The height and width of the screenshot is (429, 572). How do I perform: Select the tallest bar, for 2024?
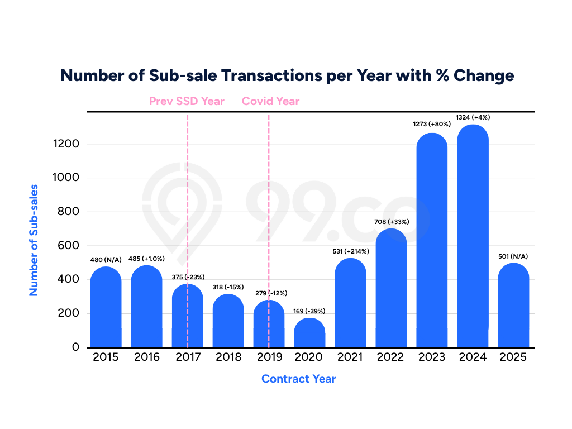473,240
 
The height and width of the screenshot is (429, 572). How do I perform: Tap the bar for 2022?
391,290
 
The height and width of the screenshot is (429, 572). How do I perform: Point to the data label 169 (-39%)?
309,311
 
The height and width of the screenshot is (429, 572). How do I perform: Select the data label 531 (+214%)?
350,251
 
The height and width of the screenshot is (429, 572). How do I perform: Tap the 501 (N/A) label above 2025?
513,256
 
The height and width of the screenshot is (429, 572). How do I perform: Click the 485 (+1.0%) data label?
146,259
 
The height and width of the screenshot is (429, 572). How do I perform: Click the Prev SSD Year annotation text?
187,101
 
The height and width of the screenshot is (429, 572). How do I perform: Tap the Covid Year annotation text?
270,101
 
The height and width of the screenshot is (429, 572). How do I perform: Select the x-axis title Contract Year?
298,379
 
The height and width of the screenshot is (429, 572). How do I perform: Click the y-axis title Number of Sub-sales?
34,240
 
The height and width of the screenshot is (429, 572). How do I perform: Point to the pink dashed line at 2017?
187,168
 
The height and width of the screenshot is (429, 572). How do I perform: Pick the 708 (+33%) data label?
391,222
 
